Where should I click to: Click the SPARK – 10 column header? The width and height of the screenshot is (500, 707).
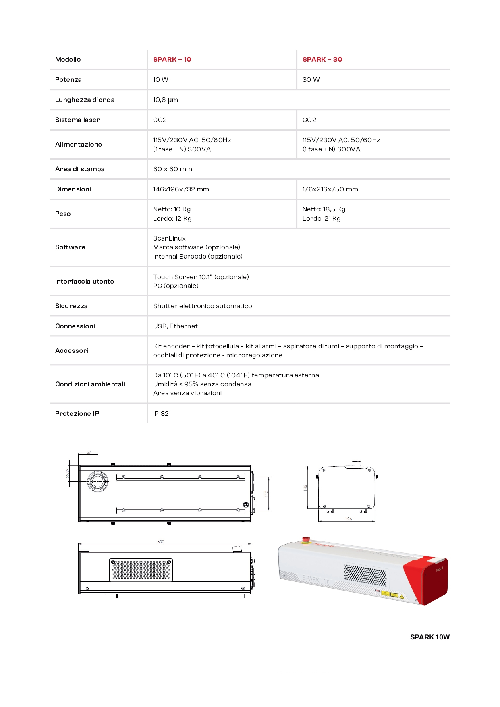click(172, 60)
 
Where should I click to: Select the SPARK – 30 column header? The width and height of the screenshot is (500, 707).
click(322, 60)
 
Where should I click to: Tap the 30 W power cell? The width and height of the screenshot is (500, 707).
click(311, 80)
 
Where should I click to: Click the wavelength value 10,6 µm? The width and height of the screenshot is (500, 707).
click(165, 100)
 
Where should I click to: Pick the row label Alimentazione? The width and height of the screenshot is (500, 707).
click(79, 145)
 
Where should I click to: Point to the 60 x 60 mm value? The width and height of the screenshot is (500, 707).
click(172, 169)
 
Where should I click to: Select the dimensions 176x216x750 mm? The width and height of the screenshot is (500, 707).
click(330, 189)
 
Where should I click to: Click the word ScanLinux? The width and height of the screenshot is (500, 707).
click(169, 238)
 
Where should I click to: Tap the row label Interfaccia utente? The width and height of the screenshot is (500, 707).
click(85, 282)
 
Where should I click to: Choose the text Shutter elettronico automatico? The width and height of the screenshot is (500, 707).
click(202, 306)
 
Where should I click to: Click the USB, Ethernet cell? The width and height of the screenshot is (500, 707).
click(175, 326)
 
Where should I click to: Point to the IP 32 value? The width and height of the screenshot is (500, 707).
click(161, 414)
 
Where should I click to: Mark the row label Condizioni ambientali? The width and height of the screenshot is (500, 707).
click(90, 384)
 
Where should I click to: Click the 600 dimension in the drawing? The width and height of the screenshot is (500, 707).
click(161, 542)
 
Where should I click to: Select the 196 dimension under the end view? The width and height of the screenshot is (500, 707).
click(349, 519)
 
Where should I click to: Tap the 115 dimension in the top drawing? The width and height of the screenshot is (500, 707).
click(266, 493)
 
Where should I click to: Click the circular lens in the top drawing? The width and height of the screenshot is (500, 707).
click(98, 481)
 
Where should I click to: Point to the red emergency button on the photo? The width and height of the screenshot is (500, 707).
click(306, 539)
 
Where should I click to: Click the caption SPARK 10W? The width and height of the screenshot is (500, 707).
click(429, 637)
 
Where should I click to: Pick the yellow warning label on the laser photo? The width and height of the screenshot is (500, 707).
click(386, 593)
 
